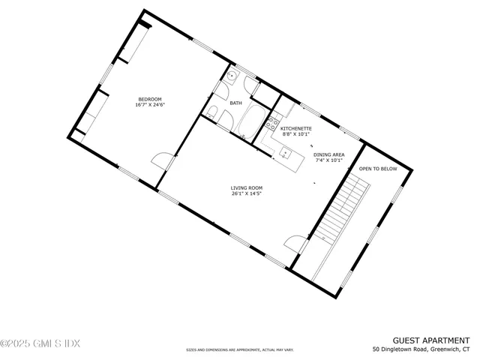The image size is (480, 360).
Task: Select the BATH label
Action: tap(235, 103)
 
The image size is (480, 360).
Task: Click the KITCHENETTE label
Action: tap(296, 128)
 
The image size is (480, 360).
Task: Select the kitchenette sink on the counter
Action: tap(286, 154)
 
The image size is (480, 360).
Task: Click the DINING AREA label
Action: tap(328, 154)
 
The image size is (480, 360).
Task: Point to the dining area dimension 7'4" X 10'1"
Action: tap(328, 160)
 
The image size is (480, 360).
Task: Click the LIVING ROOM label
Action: tap(245, 188)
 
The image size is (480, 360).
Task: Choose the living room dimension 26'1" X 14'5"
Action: tap(245, 194)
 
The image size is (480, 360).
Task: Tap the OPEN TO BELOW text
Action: tap(378, 169)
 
